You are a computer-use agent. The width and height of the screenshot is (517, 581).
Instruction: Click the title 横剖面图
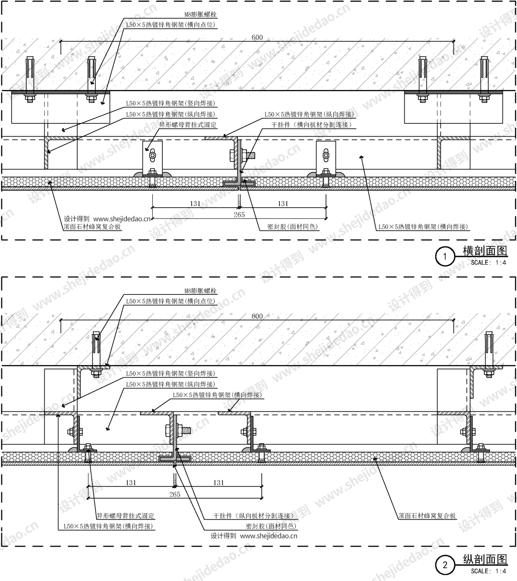484,251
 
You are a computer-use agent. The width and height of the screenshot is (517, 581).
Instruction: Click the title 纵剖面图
484,559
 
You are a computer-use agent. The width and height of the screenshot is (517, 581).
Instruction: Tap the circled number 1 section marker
445,257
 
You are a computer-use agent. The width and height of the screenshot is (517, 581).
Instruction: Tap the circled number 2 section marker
445,565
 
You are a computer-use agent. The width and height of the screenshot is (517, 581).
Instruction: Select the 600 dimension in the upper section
257,37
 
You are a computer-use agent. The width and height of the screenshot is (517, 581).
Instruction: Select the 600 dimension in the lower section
257,316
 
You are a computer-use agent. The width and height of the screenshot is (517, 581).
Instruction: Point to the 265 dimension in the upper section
239,214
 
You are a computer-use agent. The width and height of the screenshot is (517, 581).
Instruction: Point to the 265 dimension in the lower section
175,494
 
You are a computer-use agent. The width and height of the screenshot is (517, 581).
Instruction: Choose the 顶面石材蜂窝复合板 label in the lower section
427,516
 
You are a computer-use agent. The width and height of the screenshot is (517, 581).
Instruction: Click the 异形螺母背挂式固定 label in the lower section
125,516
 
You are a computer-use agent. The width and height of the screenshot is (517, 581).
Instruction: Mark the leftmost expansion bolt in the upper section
29,77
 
